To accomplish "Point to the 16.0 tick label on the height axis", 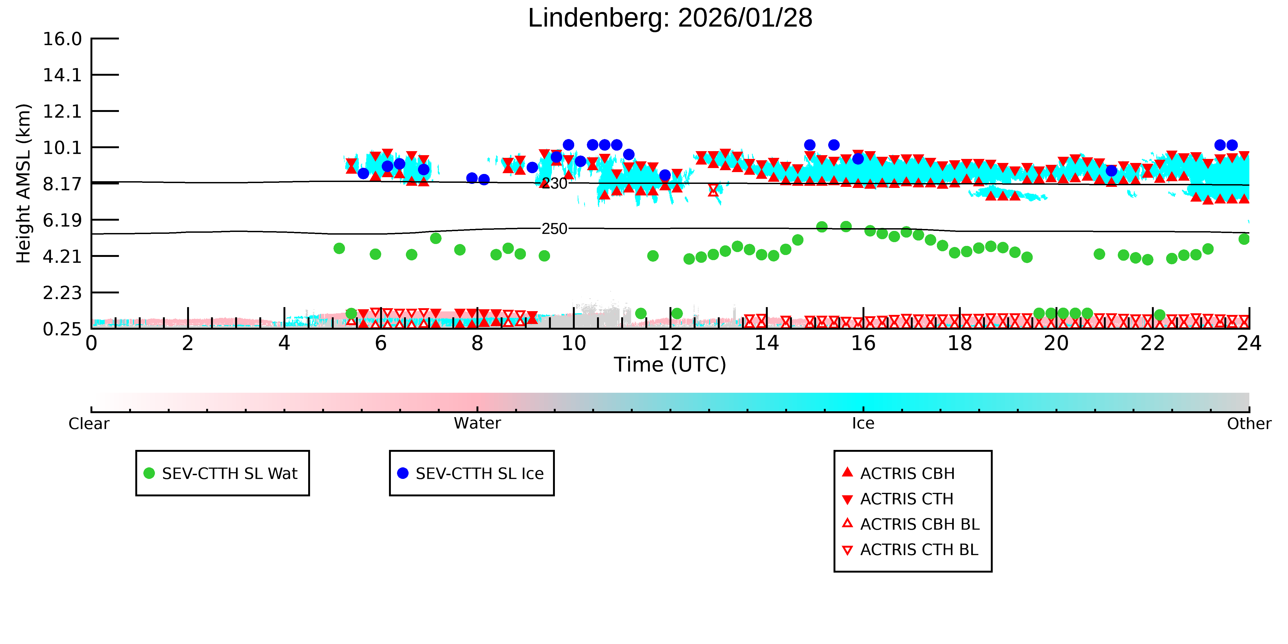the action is click(62, 39).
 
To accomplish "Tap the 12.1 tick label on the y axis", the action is click(62, 111).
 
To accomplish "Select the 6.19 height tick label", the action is click(62, 220).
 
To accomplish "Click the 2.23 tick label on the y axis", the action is click(62, 293).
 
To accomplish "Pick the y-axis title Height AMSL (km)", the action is click(24, 184).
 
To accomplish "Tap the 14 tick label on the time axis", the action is click(766, 344).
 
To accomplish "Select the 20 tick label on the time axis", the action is click(1056, 344).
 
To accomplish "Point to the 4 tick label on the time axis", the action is click(284, 344).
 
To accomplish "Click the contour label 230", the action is click(555, 184).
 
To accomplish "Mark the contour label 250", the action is click(555, 229).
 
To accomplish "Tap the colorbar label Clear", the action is click(89, 424).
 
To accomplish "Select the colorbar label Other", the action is click(1249, 424).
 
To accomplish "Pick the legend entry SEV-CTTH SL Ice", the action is click(471, 474).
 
